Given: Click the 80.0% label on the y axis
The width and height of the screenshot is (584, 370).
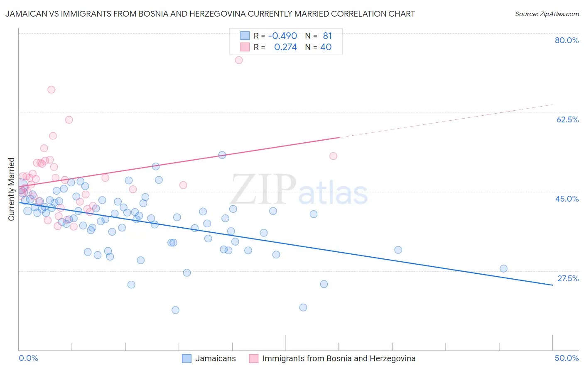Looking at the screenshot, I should point(567,40).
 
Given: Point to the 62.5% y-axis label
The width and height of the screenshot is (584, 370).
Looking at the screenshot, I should point(567,119).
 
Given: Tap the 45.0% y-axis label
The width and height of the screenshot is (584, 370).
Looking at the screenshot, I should point(567,199).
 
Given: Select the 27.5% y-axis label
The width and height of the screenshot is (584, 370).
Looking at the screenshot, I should point(568,278).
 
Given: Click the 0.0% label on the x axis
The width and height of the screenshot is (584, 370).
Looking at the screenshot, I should point(28,358).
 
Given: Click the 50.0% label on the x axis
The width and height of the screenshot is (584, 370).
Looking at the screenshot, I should point(567,358).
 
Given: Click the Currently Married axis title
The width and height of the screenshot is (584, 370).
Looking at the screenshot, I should point(11,189).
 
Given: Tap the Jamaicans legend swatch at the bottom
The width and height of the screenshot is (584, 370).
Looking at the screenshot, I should point(187,358).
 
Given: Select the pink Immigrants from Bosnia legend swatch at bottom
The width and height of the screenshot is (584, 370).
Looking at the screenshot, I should point(254,358).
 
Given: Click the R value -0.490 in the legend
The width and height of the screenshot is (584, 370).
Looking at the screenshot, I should point(282,36).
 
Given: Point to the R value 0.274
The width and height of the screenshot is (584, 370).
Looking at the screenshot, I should point(285,47).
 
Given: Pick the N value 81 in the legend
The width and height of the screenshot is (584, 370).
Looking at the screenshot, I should point(327,36).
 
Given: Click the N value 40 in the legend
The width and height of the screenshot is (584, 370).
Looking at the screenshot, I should point(326,47).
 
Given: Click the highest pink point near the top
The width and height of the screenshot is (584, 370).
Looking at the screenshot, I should point(238,60).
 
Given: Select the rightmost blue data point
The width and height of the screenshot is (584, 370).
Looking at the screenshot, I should point(503,268).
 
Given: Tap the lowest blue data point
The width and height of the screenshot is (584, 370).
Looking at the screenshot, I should point(175,310).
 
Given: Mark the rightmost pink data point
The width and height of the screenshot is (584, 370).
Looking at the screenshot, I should point(333,156).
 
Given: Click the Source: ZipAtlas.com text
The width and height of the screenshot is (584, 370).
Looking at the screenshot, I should point(547,14).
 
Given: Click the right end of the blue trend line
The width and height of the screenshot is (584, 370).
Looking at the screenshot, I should point(552,285).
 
